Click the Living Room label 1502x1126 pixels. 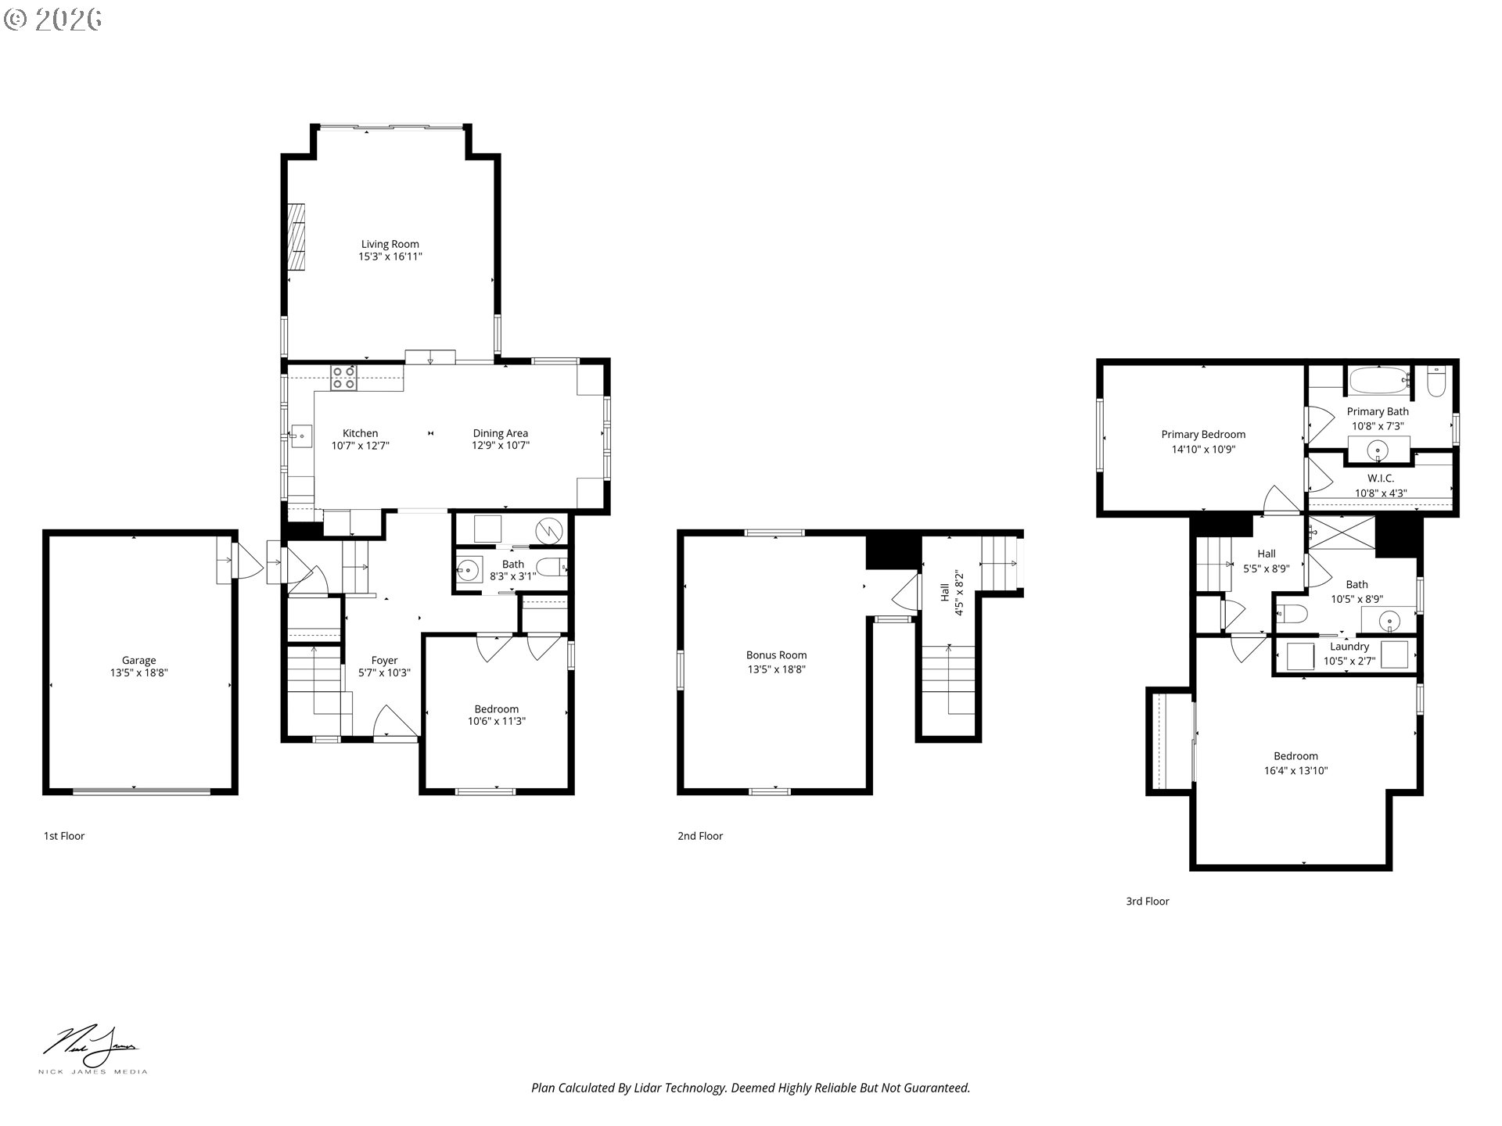(x=390, y=244)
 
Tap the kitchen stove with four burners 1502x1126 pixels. (x=343, y=378)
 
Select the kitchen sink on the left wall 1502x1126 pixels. (x=301, y=436)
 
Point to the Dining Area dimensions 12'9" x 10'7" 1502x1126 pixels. (x=500, y=446)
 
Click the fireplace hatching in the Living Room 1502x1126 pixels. (x=296, y=238)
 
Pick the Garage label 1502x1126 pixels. (x=138, y=660)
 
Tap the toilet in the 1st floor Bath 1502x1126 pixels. (x=552, y=566)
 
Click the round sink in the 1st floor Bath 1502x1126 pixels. (x=469, y=570)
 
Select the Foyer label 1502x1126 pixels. (x=384, y=660)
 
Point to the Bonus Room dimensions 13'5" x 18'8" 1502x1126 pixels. (x=776, y=669)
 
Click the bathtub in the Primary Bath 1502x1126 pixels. (x=1379, y=382)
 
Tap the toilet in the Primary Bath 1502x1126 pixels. (x=1436, y=381)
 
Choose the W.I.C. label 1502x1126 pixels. (x=1381, y=478)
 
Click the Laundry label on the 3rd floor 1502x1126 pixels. (x=1349, y=647)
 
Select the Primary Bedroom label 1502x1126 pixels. (x=1203, y=435)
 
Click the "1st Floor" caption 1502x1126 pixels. (x=64, y=836)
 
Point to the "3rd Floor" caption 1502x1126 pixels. (x=1148, y=901)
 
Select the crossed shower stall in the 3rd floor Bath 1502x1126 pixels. (x=1342, y=535)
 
